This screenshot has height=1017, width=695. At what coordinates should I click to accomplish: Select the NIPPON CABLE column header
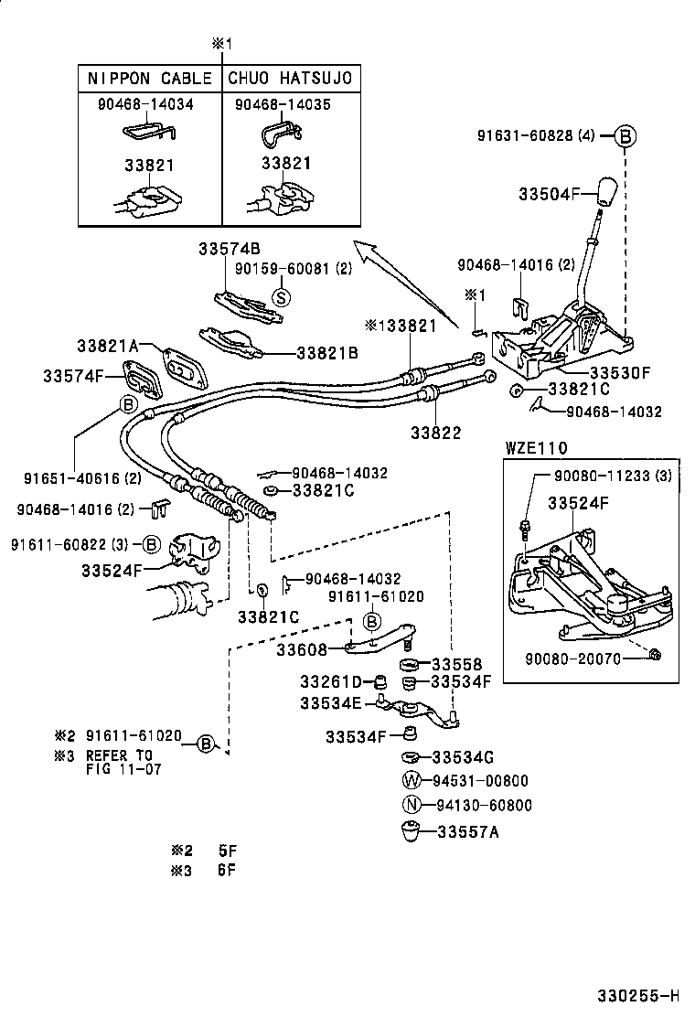click(x=150, y=79)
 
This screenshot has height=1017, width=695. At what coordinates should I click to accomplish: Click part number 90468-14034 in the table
click(x=145, y=104)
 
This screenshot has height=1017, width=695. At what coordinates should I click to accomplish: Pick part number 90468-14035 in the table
click(x=283, y=104)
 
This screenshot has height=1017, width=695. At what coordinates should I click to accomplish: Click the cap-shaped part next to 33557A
click(x=411, y=832)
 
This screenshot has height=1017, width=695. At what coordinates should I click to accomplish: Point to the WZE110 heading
click(x=536, y=448)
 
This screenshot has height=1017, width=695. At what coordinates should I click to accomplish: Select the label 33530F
click(x=619, y=373)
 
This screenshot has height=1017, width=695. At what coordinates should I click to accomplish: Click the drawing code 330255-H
click(x=639, y=995)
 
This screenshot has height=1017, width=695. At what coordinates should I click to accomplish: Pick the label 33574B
click(x=230, y=249)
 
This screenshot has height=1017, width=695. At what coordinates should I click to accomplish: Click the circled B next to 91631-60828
click(x=625, y=136)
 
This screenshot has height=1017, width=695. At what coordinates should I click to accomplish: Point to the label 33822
click(x=435, y=433)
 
